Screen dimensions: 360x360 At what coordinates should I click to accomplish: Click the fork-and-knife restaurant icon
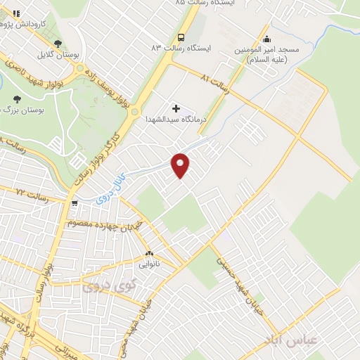coord(7,12)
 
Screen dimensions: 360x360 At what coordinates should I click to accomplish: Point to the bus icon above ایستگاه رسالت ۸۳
coord(181,37)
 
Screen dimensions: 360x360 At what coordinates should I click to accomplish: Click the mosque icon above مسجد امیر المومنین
coord(265,39)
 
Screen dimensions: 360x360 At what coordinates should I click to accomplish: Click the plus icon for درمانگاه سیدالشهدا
coord(176,109)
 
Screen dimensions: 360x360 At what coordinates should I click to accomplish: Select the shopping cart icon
coord(74,203)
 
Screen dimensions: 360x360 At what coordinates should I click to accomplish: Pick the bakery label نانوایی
coord(148,265)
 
